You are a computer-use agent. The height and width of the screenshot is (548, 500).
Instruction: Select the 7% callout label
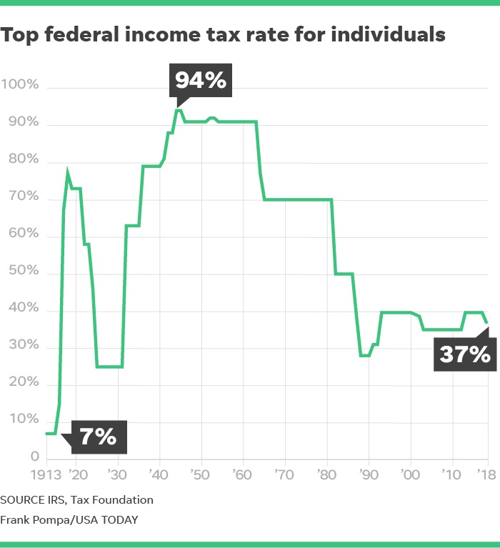click(x=98, y=436)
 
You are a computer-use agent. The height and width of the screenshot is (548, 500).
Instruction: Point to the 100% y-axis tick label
click(x=24, y=85)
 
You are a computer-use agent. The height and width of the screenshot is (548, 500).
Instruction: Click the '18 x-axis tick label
click(x=489, y=474)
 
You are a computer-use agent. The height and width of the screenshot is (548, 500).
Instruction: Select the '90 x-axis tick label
click(x=369, y=474)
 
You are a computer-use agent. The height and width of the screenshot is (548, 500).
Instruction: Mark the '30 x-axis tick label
click(x=117, y=474)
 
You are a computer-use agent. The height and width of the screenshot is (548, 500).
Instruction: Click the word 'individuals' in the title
click(x=386, y=34)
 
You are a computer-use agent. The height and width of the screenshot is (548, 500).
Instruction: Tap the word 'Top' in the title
click(x=20, y=34)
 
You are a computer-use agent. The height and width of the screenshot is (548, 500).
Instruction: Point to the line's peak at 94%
click(x=179, y=109)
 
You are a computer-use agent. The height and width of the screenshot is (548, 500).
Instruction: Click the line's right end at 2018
click(x=488, y=322)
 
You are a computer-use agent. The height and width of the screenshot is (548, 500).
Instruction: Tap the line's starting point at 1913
click(x=46, y=433)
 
